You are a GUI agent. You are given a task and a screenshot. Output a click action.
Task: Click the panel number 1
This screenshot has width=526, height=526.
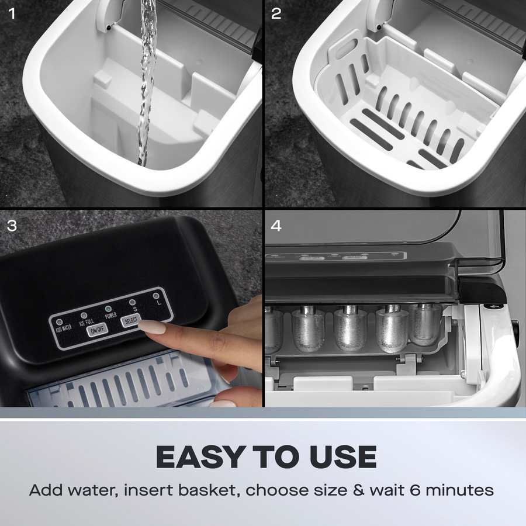coord(12,14)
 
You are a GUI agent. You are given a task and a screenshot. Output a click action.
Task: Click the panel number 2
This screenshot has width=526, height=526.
coord(276,14)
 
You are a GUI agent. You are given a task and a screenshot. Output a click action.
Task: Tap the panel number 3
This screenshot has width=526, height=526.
coord(12,226)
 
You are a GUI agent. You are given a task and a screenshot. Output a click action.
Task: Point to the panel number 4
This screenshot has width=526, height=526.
coord(276,226)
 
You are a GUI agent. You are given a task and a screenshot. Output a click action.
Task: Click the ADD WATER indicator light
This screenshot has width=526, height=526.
coord(60,322)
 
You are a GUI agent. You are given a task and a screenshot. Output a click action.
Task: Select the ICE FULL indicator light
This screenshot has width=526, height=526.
coord(84,316)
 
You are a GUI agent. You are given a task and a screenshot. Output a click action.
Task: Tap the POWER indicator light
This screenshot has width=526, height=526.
coord(108,308)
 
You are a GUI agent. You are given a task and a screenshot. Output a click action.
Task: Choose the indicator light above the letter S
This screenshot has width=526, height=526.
coord(132,302)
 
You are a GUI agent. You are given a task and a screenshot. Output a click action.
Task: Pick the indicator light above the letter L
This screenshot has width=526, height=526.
coord(156,296)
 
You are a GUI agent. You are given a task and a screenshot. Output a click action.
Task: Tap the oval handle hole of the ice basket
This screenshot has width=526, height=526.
coord(346,48)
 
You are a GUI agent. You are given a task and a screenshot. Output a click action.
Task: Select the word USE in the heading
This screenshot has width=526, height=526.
coord(342,457)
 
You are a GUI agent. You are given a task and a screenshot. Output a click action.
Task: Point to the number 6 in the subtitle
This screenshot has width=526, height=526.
coord(415,490)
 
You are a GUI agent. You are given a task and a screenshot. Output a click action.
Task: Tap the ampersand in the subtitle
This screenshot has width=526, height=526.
coord(359,490)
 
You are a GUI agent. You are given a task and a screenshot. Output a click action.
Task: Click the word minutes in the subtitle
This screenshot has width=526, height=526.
coord(459,490)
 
